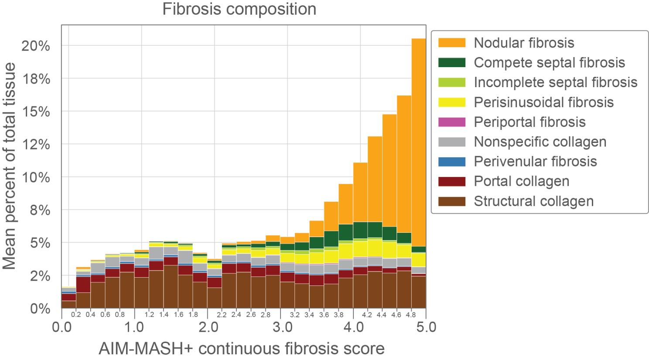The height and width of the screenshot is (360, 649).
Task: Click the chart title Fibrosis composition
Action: coord(239,9)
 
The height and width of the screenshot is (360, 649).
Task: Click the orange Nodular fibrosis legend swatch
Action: coord(452,43)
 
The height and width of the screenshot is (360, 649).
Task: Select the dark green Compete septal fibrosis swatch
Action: coord(452,62)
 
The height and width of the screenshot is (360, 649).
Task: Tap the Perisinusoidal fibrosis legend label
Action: coord(543,102)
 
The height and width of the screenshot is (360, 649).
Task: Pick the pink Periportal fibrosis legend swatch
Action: coord(452,122)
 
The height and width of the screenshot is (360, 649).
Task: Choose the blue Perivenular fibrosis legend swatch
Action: coord(452,162)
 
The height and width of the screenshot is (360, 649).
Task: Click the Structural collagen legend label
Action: coord(533,201)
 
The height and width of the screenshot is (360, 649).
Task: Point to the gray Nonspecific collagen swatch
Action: coord(452,142)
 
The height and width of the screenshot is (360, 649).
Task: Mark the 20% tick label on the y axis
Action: coord(36,46)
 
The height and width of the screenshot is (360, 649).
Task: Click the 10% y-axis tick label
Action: coord(36,177)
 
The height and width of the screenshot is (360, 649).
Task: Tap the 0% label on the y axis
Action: coord(40,309)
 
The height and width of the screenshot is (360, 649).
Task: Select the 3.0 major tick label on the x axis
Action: coord(283,327)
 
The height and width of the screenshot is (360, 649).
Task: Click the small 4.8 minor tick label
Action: coord(411,315)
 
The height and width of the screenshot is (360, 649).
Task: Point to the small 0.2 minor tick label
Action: coord(76,315)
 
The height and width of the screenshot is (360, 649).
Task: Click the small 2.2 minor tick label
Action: coord(222,315)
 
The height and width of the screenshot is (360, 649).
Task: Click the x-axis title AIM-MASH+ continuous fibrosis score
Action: coord(242,349)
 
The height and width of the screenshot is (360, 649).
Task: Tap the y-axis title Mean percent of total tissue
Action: coord(10,166)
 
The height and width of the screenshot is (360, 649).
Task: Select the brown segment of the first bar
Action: coord(68,305)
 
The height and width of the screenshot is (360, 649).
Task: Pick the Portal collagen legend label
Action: coord(521,181)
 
